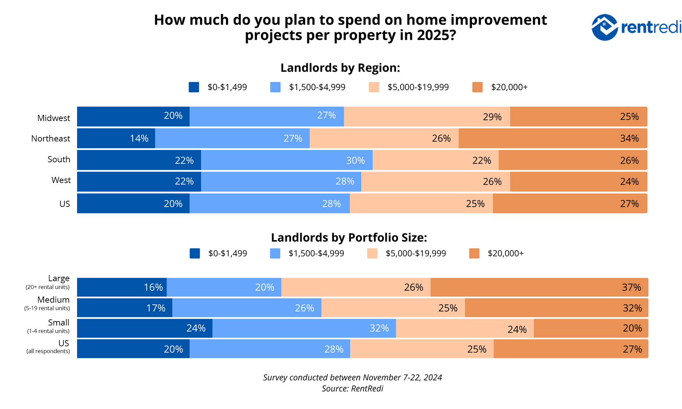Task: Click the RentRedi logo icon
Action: pos(604,27)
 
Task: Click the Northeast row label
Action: pos(50,138)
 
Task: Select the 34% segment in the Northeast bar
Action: pos(552,138)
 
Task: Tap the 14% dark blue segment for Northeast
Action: pos(116,138)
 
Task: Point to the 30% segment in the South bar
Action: pos(286,160)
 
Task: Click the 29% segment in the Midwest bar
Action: pos(427,117)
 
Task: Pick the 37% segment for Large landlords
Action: pos(539,287)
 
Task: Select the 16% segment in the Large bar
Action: pos(122,287)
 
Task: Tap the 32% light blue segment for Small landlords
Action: pos(304,328)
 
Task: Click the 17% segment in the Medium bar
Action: pos(124,308)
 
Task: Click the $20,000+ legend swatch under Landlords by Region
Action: pos(477,87)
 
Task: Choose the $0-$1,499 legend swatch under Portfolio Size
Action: pos(195,254)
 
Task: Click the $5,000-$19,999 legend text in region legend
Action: pos(418,87)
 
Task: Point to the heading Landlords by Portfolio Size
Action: pos(349,238)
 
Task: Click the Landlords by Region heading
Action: pos(340,68)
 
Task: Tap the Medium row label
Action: pos(53,300)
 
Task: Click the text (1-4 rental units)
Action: pos(48,331)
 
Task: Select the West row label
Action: pos(61,180)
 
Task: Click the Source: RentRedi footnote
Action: pos(352,389)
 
